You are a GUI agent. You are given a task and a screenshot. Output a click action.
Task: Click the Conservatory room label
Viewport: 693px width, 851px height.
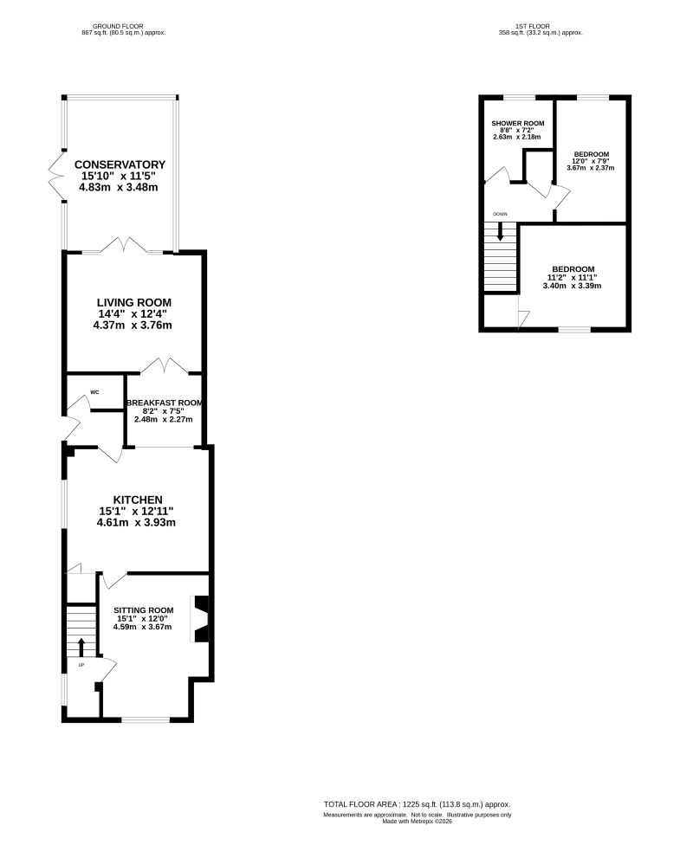tap(120, 164)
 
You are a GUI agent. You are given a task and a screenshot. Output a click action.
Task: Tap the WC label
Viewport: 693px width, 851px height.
tap(94, 392)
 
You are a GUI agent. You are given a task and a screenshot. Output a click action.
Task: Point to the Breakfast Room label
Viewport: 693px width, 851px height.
tap(164, 403)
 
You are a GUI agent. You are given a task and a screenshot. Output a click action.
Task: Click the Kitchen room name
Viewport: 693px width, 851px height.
tap(137, 500)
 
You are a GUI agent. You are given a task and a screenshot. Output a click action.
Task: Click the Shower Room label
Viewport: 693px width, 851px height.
tap(518, 122)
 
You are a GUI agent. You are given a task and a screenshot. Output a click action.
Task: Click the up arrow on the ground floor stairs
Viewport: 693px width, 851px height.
tap(81, 647)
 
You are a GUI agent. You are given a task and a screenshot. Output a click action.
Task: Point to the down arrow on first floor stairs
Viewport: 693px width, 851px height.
tap(500, 232)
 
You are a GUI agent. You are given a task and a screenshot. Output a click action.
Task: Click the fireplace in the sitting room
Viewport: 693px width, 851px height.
tap(200, 619)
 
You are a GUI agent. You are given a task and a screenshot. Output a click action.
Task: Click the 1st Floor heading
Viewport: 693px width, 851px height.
tap(540, 27)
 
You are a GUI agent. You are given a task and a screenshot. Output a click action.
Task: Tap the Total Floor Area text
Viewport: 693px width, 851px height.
tap(418, 803)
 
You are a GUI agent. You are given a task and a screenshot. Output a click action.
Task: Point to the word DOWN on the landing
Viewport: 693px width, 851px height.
tap(500, 214)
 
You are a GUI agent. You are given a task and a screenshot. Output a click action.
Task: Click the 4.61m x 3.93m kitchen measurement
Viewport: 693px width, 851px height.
tap(137, 522)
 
